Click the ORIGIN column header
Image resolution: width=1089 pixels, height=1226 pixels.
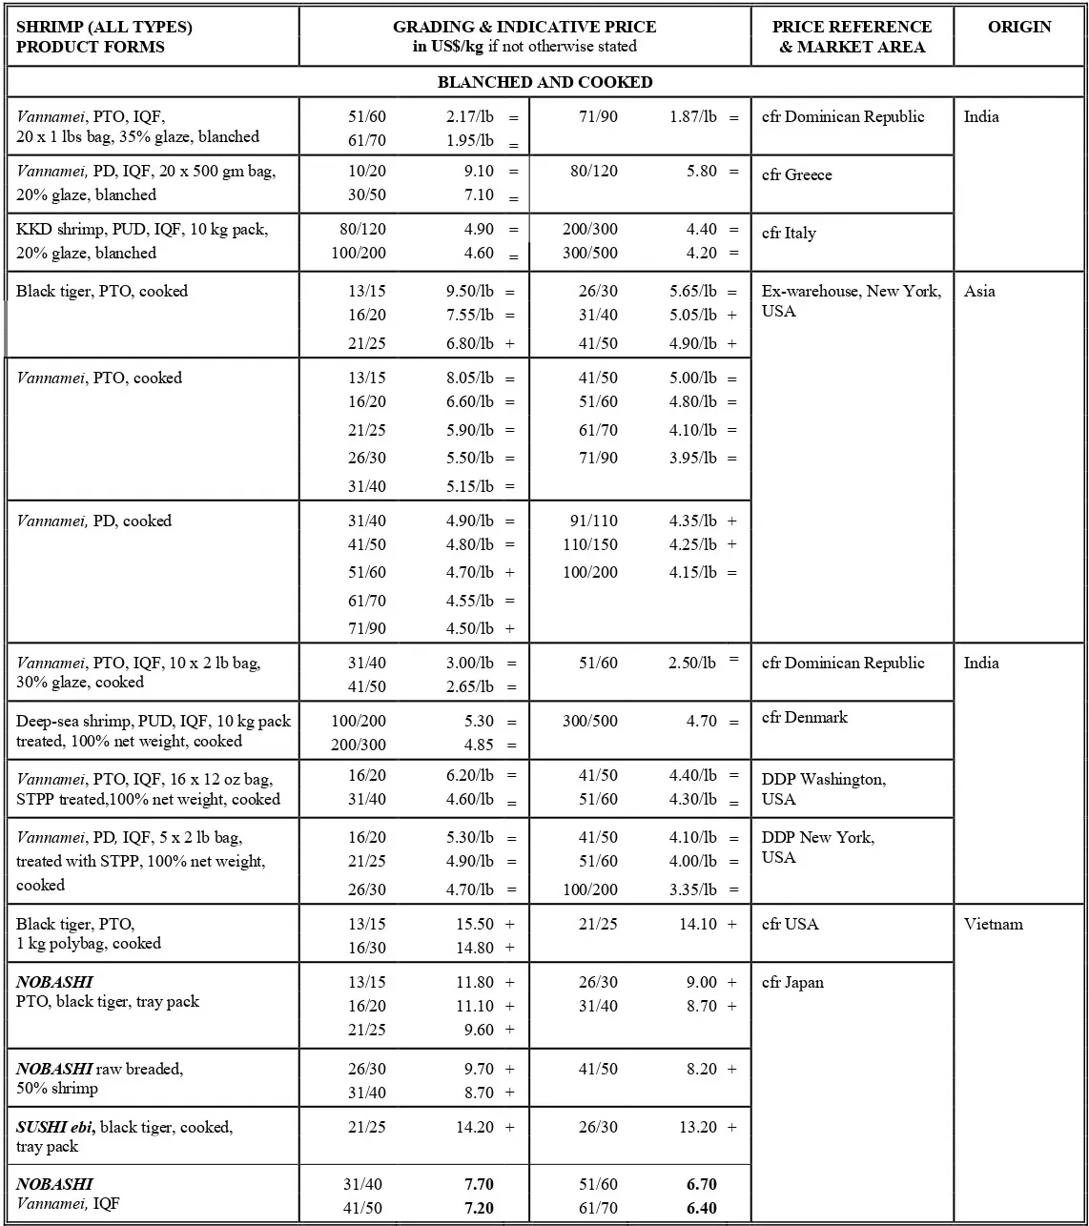tap(1019, 27)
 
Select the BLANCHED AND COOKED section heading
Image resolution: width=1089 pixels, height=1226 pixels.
tap(544, 82)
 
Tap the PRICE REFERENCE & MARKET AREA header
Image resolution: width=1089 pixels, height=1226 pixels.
tap(852, 37)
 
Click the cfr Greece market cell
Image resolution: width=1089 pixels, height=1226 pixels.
tap(796, 174)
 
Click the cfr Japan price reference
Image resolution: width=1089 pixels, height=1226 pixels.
tap(792, 982)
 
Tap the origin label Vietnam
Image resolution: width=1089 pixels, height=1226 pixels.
tap(993, 924)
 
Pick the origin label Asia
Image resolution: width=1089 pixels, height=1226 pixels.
tap(979, 291)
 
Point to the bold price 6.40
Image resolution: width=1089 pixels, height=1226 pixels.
tap(701, 1208)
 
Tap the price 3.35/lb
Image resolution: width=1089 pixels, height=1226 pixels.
tap(692, 889)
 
